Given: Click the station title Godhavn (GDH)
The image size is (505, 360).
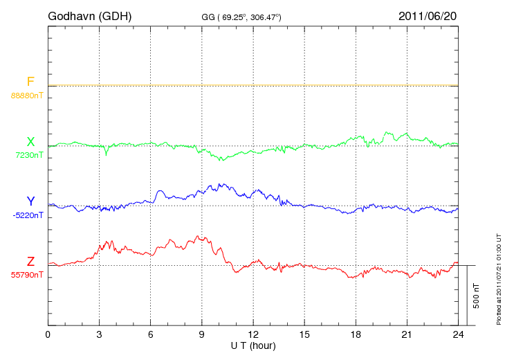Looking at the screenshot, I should tap(90, 16).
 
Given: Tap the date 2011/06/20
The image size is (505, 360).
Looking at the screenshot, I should tap(427, 16).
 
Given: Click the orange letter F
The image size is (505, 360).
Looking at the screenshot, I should tap(30, 82).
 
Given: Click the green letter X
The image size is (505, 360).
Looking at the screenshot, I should tap(30, 142).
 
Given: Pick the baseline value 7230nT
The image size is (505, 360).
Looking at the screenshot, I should tap(29, 155).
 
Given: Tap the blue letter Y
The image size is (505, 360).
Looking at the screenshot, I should tap(30, 201).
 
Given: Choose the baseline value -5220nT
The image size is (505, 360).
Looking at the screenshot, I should tap(28, 215).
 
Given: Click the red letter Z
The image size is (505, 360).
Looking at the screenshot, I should tap(30, 262).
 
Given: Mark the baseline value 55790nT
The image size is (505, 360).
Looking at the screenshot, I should tap(27, 275).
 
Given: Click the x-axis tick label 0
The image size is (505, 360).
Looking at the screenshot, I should tap(48, 335).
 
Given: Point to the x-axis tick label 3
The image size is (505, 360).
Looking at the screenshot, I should tap(99, 335).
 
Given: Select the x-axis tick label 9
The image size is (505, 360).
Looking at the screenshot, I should tap(202, 335).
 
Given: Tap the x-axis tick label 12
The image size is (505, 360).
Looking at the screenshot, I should tap(253, 335).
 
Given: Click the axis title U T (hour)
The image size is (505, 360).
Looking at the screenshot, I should tap(253, 345).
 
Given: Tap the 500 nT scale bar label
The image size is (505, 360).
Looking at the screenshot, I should tap(477, 296).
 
